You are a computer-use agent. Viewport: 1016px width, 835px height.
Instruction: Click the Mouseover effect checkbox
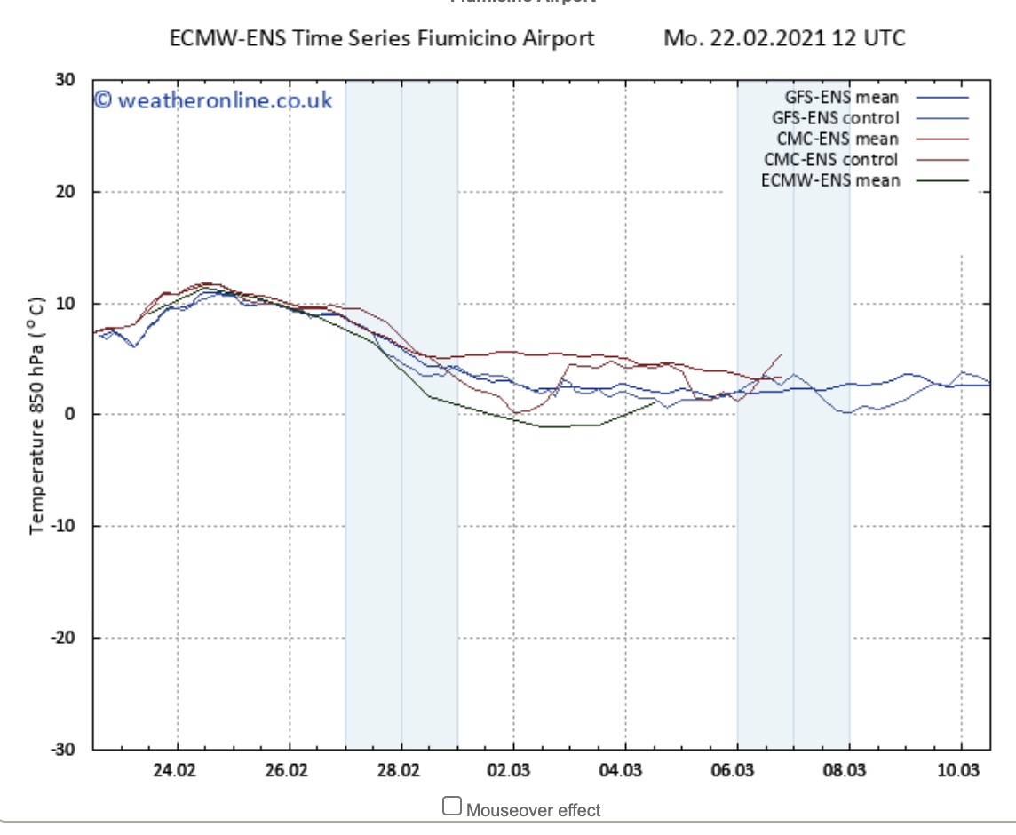tap(452, 807)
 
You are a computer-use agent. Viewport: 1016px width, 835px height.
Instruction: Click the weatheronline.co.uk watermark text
tap(213, 100)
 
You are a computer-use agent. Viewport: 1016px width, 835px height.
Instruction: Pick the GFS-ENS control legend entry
tap(835, 118)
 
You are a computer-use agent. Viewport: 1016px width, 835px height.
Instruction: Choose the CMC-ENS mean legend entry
tap(837, 139)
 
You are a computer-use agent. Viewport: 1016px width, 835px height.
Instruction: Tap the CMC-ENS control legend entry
tap(830, 160)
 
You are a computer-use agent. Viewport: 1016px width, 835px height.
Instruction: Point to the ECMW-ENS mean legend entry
tap(830, 181)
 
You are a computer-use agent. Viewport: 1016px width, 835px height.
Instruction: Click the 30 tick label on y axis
tap(64, 80)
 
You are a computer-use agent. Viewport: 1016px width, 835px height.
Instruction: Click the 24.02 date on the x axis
tap(174, 769)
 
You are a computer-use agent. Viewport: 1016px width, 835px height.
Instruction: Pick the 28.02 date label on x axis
tap(398, 769)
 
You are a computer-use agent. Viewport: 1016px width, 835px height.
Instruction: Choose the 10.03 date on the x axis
tap(957, 769)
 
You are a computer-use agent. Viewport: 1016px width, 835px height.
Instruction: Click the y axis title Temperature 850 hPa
tap(37, 415)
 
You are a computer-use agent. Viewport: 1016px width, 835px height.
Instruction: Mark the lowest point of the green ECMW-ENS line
tap(555, 426)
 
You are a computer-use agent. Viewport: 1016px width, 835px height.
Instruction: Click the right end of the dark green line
tap(656, 402)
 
